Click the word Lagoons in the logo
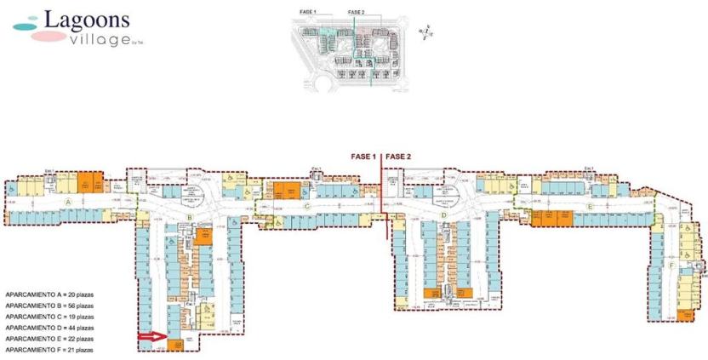(82, 18)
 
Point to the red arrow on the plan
(152, 338)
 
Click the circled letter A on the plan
(66, 202)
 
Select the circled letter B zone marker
(191, 218)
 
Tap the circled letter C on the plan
(305, 205)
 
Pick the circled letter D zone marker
(444, 217)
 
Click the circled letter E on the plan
(589, 206)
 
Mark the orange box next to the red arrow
(175, 345)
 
